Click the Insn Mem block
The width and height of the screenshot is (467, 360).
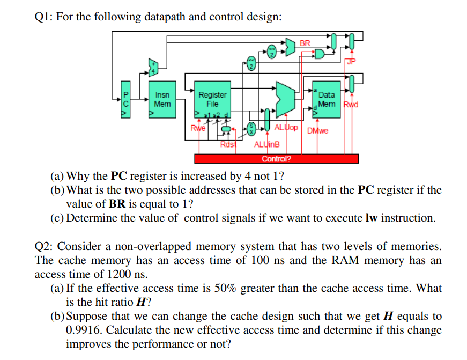162,99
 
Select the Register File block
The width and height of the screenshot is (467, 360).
212,99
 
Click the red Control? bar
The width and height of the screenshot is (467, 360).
276,158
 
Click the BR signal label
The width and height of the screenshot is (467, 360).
305,43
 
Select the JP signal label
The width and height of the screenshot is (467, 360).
351,62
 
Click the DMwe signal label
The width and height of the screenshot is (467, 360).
317,130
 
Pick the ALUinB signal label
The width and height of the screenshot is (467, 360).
267,144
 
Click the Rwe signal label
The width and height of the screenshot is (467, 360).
198,128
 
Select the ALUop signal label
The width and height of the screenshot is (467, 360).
286,128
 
